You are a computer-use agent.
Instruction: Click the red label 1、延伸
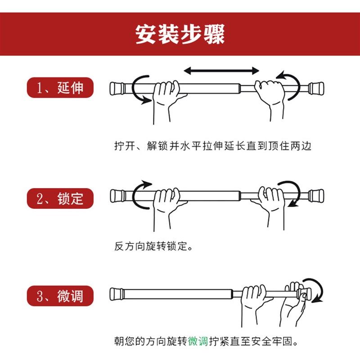[61, 87]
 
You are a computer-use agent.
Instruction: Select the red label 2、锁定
[61, 198]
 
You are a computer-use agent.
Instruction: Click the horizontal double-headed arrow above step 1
[221, 71]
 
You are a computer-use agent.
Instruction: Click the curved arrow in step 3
[317, 290]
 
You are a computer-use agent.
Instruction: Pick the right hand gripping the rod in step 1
[270, 97]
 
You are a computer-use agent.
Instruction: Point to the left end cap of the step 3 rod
[116, 294]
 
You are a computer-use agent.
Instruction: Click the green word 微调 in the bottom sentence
[198, 341]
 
